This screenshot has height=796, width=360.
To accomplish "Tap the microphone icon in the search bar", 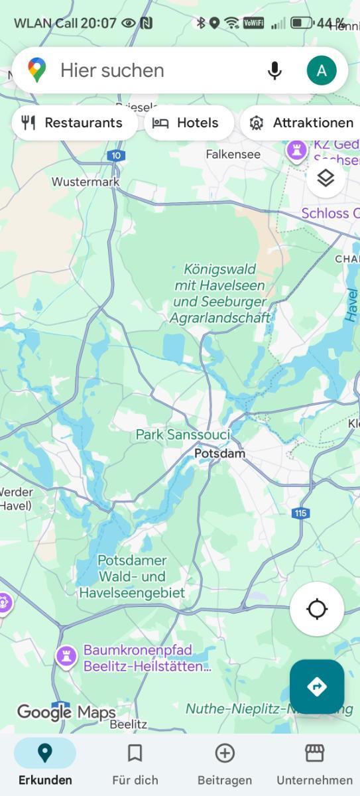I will pyautogui.click(x=274, y=70).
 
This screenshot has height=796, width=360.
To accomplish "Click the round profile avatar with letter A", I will pyautogui.click(x=322, y=70).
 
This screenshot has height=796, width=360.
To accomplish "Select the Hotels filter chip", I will pyautogui.click(x=188, y=123).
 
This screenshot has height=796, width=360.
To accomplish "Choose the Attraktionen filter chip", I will pyautogui.click(x=302, y=123).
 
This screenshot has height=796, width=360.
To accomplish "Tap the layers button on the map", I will pyautogui.click(x=325, y=178).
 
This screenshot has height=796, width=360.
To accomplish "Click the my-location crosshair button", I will pyautogui.click(x=317, y=609).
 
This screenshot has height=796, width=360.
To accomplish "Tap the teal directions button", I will pyautogui.click(x=317, y=687).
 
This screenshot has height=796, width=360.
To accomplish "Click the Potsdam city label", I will pyautogui.click(x=219, y=454).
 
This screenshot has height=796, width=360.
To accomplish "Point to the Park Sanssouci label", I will pyautogui.click(x=183, y=435).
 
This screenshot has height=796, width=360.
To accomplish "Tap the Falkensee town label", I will pyautogui.click(x=233, y=155).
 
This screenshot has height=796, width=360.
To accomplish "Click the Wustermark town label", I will pyautogui.click(x=86, y=182).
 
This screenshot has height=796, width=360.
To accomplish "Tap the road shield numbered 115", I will pyautogui.click(x=300, y=513).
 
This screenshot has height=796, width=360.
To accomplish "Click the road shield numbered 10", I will pyautogui.click(x=116, y=156).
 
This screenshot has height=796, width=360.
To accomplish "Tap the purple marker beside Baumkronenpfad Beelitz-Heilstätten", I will pyautogui.click(x=66, y=657).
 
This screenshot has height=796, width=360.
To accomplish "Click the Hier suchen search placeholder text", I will pyautogui.click(x=112, y=70).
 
